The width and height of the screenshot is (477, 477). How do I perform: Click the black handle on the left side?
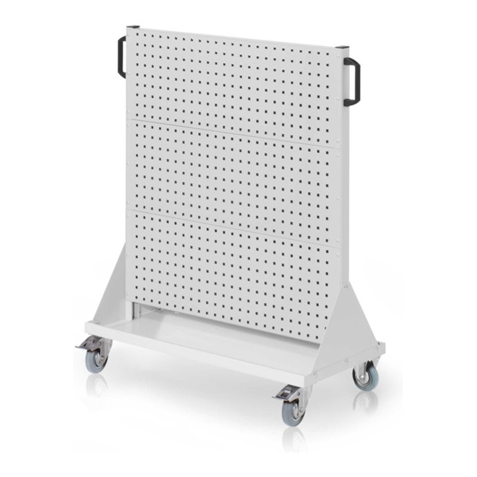tap(121, 57)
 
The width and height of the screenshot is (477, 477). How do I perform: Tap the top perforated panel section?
tap(233, 80)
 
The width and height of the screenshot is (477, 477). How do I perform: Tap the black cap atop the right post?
tap(342, 48)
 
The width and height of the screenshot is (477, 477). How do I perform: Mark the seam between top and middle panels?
tap(233, 133)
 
